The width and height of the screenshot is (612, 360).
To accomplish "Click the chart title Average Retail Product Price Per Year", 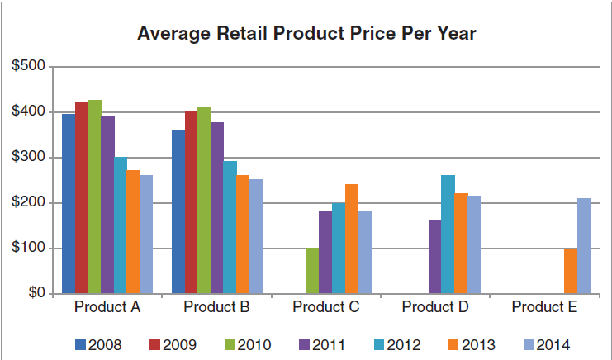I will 306,34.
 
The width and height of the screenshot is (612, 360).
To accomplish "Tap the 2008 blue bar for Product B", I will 178,211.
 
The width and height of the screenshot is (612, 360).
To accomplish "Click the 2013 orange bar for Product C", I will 351,239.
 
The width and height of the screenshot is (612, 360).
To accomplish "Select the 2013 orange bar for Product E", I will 570,270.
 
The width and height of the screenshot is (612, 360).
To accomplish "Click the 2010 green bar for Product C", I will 312,270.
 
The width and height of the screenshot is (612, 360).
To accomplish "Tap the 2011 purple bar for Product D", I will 434,257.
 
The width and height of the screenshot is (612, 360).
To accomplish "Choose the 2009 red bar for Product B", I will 191,202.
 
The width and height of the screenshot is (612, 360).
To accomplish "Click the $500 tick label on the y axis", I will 30,66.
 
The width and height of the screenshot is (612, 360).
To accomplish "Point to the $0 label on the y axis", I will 36,293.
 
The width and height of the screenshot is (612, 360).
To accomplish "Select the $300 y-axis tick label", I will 30,157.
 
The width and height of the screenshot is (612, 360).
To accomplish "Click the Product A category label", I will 107,308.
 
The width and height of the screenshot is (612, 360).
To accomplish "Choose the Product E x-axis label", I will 544,308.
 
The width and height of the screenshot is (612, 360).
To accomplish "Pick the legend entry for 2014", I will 546,344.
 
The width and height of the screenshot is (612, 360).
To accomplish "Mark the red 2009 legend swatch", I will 154,344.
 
